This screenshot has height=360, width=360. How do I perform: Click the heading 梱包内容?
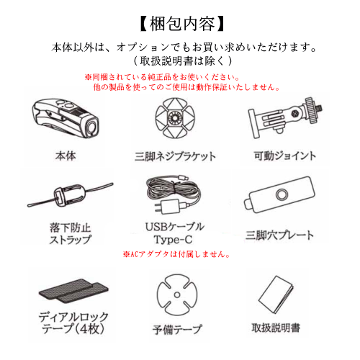(181, 24)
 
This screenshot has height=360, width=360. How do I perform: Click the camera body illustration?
(66, 118)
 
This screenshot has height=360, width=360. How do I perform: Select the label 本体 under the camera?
(66, 156)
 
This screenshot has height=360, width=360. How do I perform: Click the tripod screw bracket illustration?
(175, 118)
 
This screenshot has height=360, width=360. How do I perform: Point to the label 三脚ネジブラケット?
(175, 156)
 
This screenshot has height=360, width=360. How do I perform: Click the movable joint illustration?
(285, 118)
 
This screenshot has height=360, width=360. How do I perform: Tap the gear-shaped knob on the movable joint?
(311, 110)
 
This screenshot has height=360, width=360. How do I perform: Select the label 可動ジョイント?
(285, 156)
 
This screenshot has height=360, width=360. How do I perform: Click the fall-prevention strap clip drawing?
(70, 194)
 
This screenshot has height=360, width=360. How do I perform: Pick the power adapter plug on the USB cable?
(170, 206)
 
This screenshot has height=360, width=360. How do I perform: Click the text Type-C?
(173, 240)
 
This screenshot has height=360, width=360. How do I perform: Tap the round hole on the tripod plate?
(282, 194)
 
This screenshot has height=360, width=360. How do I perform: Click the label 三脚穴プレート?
(279, 235)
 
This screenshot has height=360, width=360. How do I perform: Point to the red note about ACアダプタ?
(176, 254)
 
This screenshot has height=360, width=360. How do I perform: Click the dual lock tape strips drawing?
(73, 291)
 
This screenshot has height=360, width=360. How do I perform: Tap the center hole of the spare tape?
(177, 294)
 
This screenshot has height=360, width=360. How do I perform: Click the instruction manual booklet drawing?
(276, 294)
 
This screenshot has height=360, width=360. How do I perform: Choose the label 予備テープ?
(177, 329)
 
